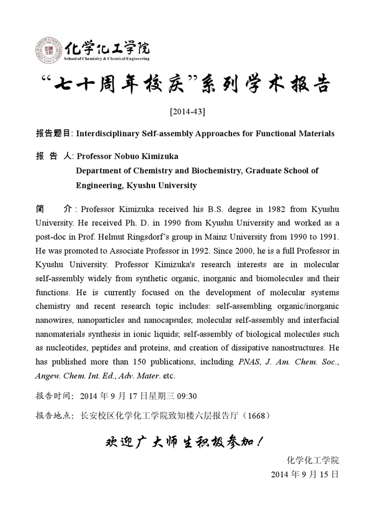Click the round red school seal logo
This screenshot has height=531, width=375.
(49, 50)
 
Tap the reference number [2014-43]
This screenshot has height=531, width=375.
(187, 112)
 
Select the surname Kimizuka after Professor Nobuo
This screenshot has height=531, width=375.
(158, 156)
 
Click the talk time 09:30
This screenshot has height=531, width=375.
(187, 396)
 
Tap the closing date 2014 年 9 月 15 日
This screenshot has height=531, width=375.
(305, 474)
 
